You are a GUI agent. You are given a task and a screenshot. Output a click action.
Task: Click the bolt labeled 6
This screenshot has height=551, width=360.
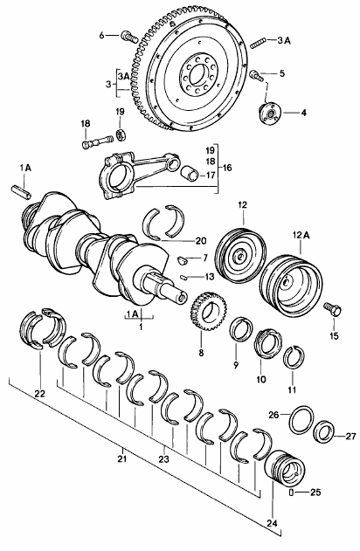click(129, 37)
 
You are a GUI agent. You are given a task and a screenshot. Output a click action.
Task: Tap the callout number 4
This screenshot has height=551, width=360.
click(303, 113)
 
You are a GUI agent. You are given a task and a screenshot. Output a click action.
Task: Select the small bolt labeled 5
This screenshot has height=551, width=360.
click(256, 76)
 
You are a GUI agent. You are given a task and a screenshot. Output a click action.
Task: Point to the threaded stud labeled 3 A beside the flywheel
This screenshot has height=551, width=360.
click(259, 44)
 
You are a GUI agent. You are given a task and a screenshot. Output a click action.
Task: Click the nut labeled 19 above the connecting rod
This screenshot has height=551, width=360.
click(121, 134)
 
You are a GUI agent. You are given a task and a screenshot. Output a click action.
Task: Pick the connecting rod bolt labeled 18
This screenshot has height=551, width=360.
click(97, 143)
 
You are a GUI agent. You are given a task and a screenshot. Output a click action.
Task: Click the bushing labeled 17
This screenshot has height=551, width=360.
click(190, 173)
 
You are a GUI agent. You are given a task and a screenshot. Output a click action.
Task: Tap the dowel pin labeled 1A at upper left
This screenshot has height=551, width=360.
click(22, 190)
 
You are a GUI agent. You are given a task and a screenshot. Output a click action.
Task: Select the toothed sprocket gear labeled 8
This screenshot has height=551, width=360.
click(209, 311)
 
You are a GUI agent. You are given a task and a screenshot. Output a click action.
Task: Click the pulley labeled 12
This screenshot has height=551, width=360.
click(241, 254)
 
